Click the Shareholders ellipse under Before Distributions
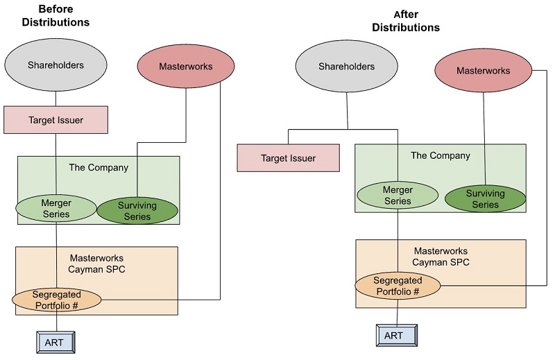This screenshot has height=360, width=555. point(55,66)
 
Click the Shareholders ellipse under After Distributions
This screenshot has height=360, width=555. point(346,67)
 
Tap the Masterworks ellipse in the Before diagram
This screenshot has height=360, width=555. point(185,67)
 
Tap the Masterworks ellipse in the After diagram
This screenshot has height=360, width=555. point(483,71)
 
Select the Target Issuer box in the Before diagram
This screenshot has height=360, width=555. point(55,120)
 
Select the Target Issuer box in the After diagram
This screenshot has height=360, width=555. point(288,158)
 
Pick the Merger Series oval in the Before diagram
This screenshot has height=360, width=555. point(56,209)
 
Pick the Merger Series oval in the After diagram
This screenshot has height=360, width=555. point(398,196)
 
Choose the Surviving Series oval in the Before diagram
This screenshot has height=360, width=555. point(137,211)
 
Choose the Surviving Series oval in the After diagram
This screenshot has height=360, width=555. point(485,199)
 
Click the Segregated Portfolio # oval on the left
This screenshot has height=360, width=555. point(57,300)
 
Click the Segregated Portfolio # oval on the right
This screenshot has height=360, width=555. point(398,286)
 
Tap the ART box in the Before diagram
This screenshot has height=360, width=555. point(54,343)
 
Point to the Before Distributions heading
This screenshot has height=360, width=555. point(55,15)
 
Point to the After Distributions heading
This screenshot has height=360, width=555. point(406,21)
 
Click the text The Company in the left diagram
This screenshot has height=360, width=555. point(99,167)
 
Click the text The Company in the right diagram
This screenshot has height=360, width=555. point(440,155)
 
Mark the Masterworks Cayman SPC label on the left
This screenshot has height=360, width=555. point(96,263)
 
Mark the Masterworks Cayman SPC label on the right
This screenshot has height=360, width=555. point(441,257)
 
